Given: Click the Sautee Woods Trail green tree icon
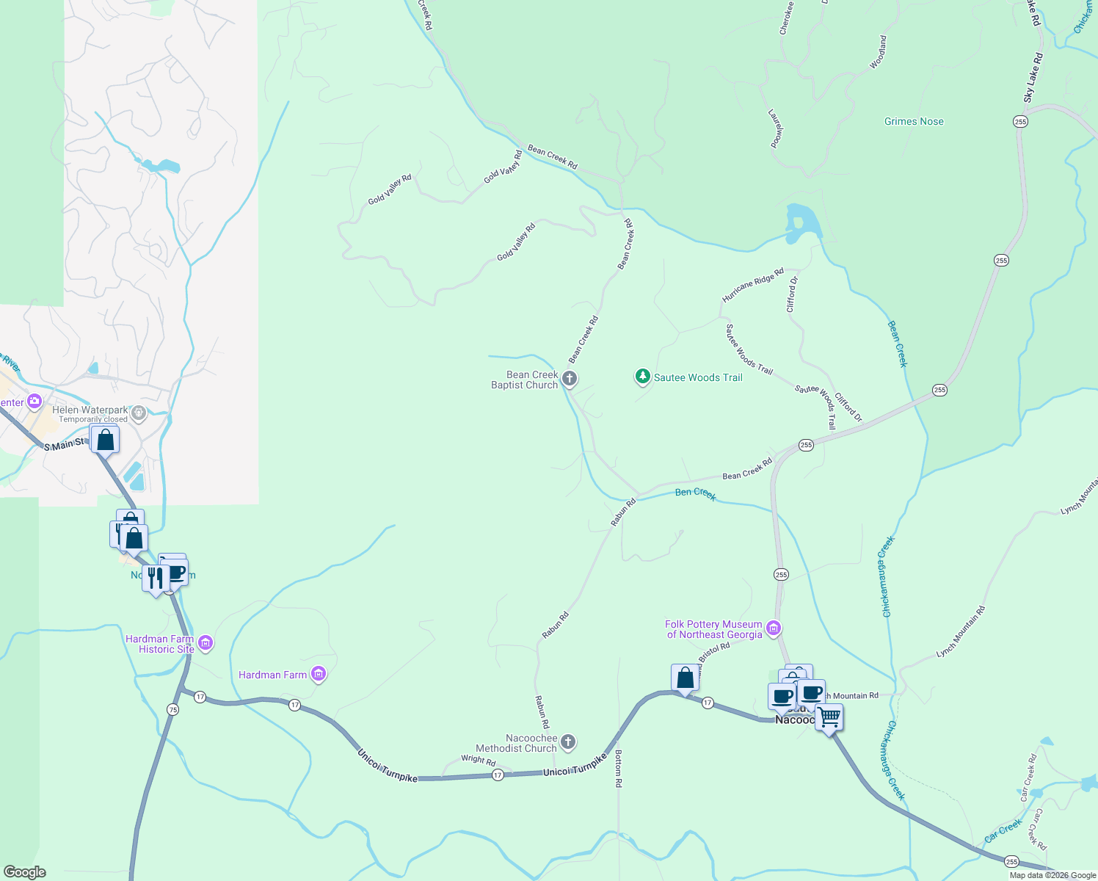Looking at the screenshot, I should point(643,377).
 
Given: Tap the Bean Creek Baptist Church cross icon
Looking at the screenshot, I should point(570,379).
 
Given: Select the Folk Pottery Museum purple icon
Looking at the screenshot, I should point(773,628).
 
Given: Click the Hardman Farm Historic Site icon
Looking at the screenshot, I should point(206,644).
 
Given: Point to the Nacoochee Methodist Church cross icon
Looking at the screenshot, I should point(567,743).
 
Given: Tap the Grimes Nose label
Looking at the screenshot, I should point(914,122).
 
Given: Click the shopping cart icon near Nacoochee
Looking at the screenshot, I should point(829,716).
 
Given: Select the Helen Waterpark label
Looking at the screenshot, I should point(90,410).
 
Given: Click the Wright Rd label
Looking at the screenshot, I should point(478,760).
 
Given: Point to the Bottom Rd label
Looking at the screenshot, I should point(619,769).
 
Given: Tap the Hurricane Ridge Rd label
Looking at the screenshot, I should point(753,285).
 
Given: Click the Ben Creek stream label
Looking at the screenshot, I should point(695,493).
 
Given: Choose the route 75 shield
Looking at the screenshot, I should point(172,709).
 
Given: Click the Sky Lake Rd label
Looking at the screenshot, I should point(1033,77).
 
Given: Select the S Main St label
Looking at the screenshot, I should point(64,445).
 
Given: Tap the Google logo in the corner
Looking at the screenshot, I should point(24,872).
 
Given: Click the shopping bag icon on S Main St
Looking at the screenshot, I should point(106,440).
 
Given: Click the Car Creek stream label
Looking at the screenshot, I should point(1003,831).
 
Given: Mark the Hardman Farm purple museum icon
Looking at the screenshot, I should point(318,674).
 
